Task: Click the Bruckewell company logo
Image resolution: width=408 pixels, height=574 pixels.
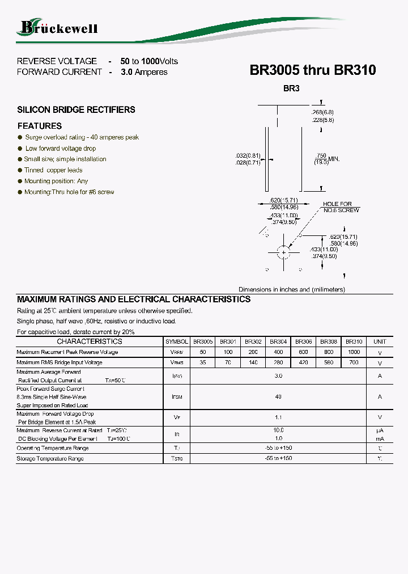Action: pos(59,27)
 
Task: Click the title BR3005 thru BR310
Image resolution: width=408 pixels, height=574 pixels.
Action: pos(312,70)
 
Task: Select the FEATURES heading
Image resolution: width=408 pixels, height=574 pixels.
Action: pos(40,126)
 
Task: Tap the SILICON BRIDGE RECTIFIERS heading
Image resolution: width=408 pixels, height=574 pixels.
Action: pos(76,109)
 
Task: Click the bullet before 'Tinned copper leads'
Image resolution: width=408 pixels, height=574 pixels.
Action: pos(20,170)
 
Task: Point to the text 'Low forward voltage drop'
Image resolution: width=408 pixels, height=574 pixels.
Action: pos(61,149)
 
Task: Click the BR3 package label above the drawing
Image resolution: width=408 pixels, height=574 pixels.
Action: pos(291,88)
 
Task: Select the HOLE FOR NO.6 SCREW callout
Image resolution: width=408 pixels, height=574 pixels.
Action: pos(340,207)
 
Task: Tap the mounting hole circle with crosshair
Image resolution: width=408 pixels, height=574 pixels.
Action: pos(283,252)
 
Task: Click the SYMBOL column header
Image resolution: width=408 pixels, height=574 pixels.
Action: pos(176,342)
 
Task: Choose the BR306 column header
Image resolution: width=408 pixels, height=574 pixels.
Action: pos(304,342)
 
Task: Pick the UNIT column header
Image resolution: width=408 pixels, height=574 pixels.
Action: pos(380,342)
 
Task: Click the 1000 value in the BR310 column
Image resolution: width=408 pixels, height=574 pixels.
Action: pos(354,352)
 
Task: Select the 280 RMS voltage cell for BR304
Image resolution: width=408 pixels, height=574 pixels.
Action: pos(278,362)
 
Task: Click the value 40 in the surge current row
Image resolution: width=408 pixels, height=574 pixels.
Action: pos(278,397)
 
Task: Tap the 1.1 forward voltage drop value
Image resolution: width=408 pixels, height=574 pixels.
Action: pos(278,417)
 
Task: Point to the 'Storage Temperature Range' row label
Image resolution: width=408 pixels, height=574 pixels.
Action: pos(50,459)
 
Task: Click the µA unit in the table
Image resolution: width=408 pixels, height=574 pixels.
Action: pos(380,431)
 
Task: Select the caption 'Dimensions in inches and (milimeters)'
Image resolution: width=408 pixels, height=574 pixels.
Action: pos(291,289)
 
